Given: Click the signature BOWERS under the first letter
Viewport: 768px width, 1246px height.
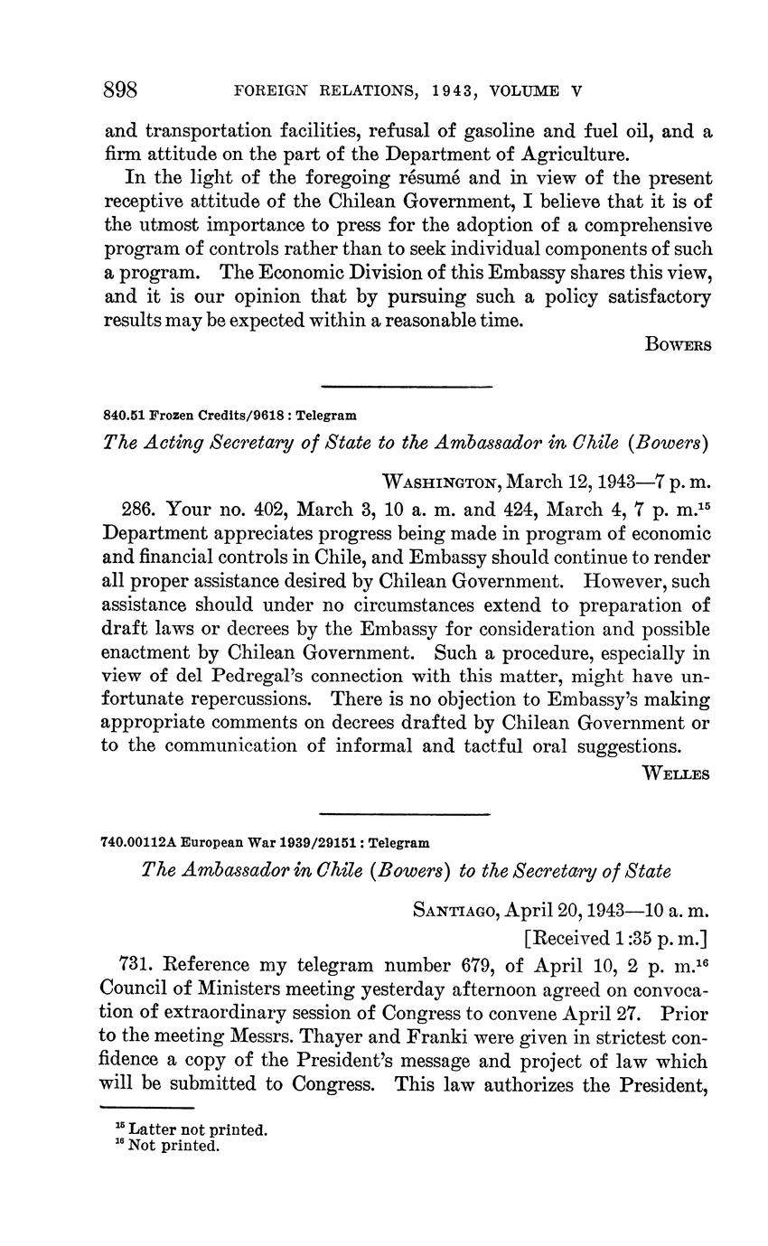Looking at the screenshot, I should tap(678, 344).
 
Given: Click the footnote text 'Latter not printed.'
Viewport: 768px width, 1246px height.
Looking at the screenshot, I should tap(198, 1129).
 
